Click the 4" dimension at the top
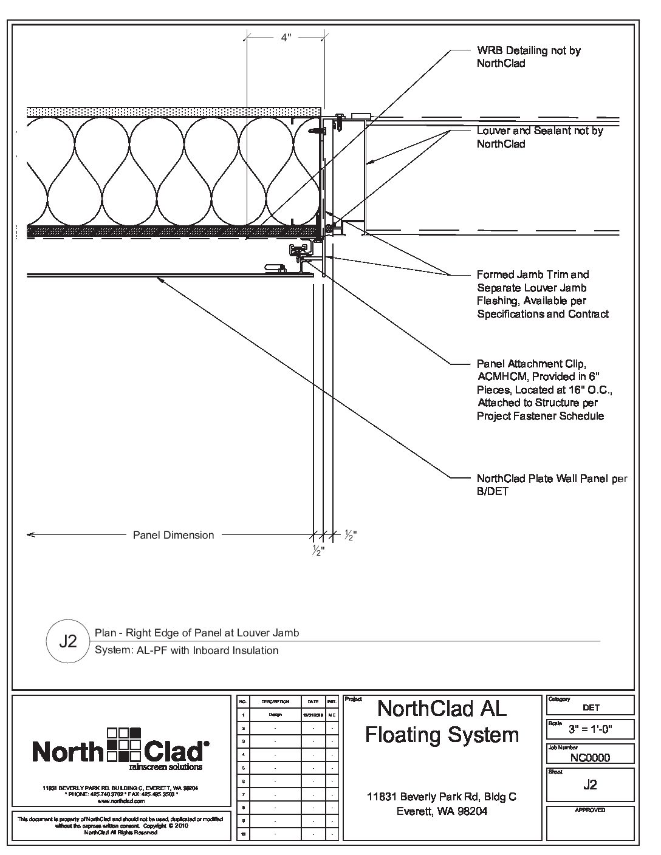tap(286, 38)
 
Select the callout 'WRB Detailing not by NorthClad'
tap(529, 56)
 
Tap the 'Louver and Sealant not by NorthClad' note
tap(539, 137)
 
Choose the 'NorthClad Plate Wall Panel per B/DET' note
tap(552, 485)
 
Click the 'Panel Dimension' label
tap(173, 535)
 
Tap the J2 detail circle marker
tap(68, 641)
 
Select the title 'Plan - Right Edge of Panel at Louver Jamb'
tap(197, 633)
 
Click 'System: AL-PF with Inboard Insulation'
tap(187, 650)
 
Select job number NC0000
tap(590, 757)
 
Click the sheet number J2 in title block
tap(590, 785)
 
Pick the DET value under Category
tap(590, 707)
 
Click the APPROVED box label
tap(590, 810)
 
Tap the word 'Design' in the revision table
tap(275, 715)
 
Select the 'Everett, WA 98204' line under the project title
tap(442, 811)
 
